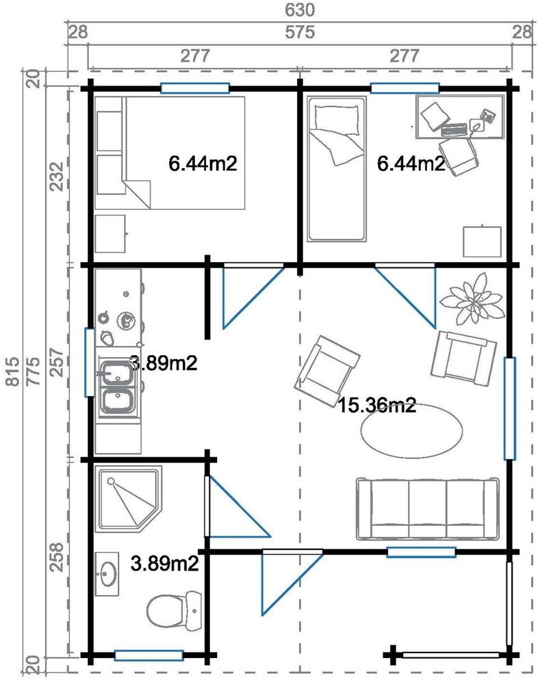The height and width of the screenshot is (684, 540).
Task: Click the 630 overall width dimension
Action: coord(300,9)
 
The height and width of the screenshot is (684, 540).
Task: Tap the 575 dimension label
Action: coord(300,32)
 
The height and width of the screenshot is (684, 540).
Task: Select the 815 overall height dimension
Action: coord(13,371)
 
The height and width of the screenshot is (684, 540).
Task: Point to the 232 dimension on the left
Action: coord(57,176)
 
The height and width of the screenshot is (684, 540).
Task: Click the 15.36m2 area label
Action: coord(376,406)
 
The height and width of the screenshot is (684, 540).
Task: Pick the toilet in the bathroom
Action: coord(174,609)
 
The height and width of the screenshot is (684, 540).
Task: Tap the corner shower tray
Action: coord(129,499)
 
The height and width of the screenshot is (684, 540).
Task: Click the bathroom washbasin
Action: coord(107,574)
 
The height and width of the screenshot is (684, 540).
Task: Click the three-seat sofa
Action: coord(427,509)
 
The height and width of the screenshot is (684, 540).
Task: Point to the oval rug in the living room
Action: coord(411,431)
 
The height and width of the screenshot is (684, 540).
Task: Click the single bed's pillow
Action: coord(335,118)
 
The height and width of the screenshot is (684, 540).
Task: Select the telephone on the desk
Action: coord(487,116)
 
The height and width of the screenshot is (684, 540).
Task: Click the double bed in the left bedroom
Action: coord(184,153)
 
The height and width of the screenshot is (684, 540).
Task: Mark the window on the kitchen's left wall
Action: coord(90,363)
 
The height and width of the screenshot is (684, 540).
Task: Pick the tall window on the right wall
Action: coord(509,408)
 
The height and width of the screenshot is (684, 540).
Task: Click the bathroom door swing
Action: coord(238,506)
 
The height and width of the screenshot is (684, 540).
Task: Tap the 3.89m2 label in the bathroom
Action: coord(164,564)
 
